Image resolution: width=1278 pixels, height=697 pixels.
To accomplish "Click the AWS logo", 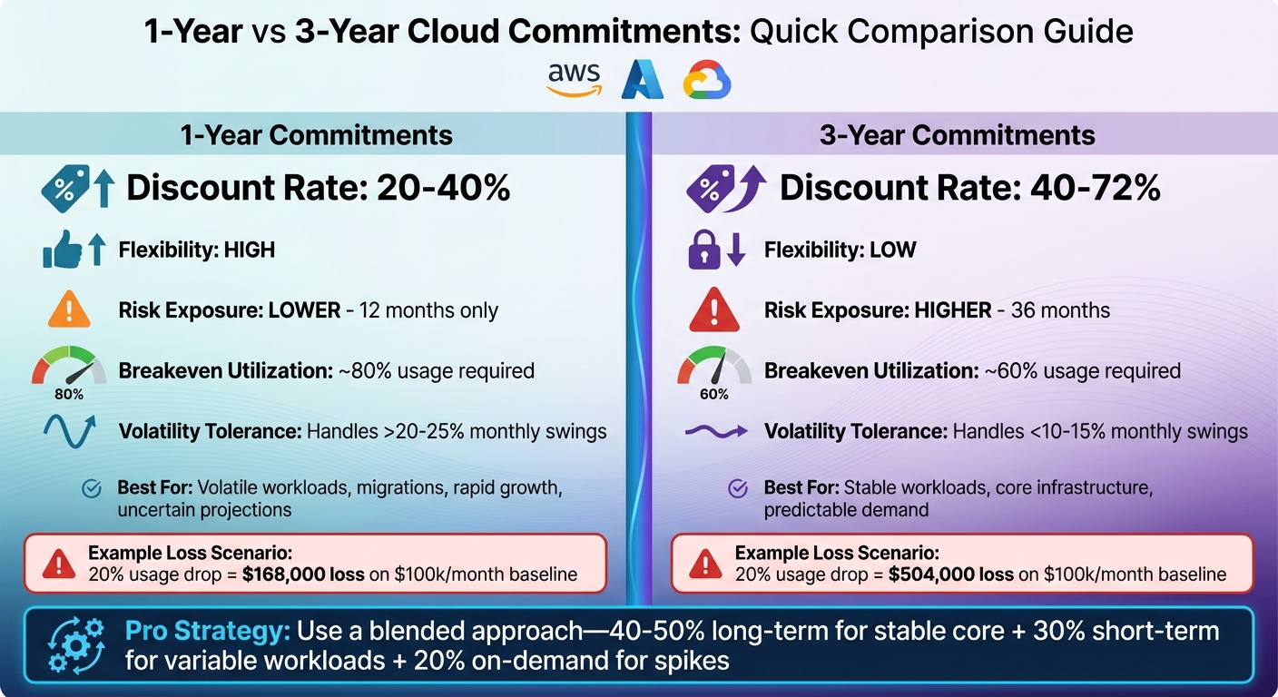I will pyautogui.click(x=574, y=80).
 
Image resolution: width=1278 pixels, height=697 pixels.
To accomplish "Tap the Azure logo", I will pyautogui.click(x=642, y=80).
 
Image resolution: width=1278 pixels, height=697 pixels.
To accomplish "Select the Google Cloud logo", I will pyautogui.click(x=707, y=80).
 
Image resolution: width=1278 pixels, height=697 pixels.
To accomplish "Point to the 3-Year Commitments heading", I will pyautogui.click(x=957, y=135).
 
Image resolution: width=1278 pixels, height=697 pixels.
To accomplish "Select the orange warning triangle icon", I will pyautogui.click(x=69, y=310).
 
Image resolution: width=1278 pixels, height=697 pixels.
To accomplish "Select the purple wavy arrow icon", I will pyautogui.click(x=714, y=431).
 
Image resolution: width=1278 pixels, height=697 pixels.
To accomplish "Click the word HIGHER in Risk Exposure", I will pyautogui.click(x=953, y=310).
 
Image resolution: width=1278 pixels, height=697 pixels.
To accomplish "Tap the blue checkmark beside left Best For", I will pyautogui.click(x=92, y=488).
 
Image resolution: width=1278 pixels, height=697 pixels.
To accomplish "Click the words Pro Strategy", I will pyautogui.click(x=206, y=631).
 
